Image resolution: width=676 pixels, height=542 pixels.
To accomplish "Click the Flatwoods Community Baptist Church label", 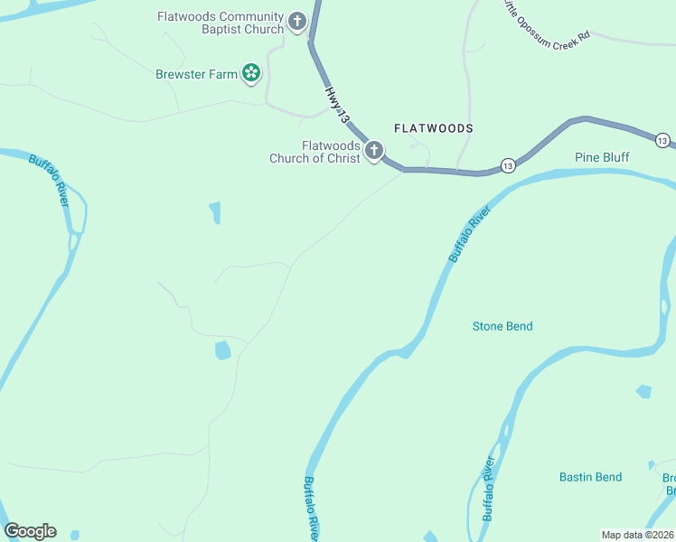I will click(x=221, y=23).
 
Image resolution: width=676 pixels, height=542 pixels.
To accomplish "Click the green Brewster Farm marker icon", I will click(x=251, y=73).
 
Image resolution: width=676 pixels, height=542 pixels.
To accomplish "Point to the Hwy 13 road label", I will click(x=336, y=104).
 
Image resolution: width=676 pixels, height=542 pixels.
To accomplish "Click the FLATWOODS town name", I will click(x=433, y=128).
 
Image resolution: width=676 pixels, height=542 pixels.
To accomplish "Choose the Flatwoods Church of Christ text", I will click(x=315, y=152).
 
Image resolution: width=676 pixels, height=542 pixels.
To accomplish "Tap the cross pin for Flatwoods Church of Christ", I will click(x=373, y=151).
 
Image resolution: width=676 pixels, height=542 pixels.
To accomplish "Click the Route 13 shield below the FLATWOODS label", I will click(x=507, y=165).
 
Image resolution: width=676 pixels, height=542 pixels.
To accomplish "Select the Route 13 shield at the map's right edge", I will click(x=662, y=140).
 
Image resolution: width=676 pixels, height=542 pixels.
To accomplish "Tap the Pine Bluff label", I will click(x=602, y=157).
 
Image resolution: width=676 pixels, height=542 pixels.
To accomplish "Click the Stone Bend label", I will click(x=502, y=326).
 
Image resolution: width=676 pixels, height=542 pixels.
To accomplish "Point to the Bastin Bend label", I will click(x=590, y=477).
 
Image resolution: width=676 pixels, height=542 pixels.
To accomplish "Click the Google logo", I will click(x=30, y=531).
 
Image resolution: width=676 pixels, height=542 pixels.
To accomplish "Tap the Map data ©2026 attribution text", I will click(x=637, y=534).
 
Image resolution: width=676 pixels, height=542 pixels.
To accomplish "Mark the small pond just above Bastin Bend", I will click(x=643, y=392).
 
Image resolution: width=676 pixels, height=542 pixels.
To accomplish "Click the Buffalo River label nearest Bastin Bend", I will click(x=490, y=488).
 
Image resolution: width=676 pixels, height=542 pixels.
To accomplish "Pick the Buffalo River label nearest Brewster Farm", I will click(x=49, y=181).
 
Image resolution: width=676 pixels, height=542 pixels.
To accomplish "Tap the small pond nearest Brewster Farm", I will click(x=215, y=212).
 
